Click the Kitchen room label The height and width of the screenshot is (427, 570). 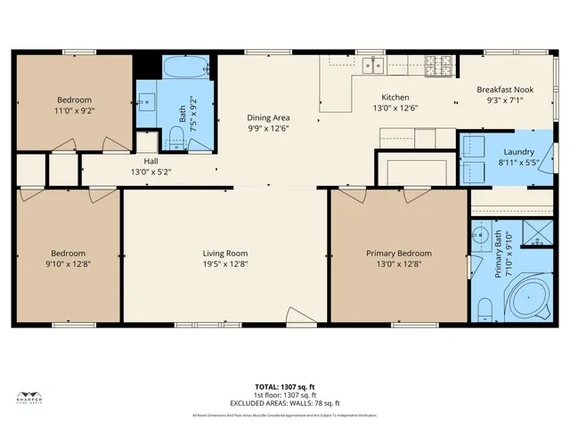pyautogui.click(x=395, y=97)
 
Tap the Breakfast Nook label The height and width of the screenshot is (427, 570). pyautogui.click(x=503, y=90)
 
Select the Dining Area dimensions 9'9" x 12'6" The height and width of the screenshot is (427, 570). pyautogui.click(x=268, y=128)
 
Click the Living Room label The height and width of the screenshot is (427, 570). pyautogui.click(x=224, y=254)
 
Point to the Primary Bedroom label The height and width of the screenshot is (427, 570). pyautogui.click(x=398, y=254)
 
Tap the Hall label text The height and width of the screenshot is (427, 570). pyautogui.click(x=151, y=161)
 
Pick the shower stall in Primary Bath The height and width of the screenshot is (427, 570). pyautogui.click(x=536, y=233)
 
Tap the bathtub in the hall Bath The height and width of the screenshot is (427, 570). pyautogui.click(x=185, y=68)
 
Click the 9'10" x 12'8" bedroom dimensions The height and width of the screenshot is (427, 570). pyautogui.click(x=68, y=263)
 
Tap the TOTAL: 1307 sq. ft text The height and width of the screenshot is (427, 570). pyautogui.click(x=285, y=387)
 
